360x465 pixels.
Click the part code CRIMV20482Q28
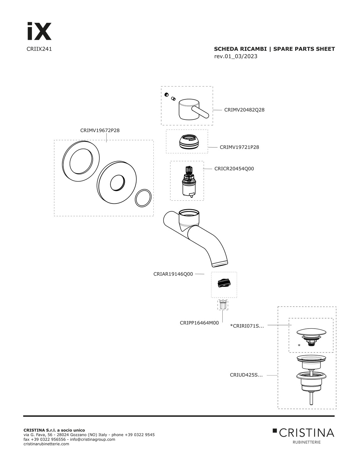(x=244, y=110)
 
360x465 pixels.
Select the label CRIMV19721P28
(x=239, y=147)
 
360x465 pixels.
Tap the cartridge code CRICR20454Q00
(x=234, y=169)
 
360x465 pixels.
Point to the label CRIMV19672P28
(x=100, y=130)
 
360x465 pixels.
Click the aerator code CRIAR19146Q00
(x=173, y=274)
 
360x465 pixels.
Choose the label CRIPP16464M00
(x=199, y=323)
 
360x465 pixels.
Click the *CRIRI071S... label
(x=247, y=326)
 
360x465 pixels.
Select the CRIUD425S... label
(x=246, y=375)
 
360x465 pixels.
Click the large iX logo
(x=40, y=31)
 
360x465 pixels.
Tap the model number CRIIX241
(x=39, y=49)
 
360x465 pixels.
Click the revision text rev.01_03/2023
(x=236, y=56)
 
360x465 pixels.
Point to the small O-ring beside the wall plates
(x=143, y=198)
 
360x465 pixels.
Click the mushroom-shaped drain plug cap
(x=311, y=333)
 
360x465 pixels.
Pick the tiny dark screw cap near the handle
(x=166, y=95)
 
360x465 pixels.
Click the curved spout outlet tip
(x=220, y=264)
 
